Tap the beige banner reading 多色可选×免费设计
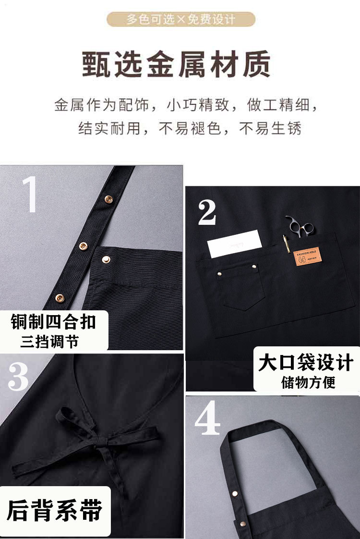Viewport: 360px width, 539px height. [180, 20]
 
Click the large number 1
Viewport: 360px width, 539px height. [29, 195]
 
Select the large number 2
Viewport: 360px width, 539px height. [207, 212]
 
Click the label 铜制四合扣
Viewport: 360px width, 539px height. [54, 322]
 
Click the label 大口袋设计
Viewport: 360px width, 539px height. [306, 362]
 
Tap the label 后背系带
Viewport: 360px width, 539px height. [55, 510]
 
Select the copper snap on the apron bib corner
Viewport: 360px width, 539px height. [105, 259]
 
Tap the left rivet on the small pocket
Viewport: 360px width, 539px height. [221, 273]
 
